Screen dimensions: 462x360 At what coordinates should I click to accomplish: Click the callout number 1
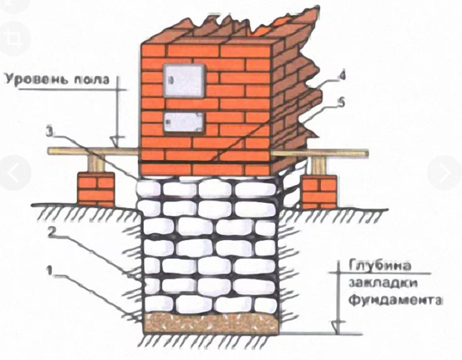(x=50, y=270)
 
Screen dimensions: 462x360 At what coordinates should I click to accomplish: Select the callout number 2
(x=51, y=233)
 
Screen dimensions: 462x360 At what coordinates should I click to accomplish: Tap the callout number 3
(x=50, y=132)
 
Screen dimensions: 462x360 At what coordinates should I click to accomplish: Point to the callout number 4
(x=341, y=76)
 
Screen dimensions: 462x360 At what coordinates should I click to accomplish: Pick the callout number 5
(x=341, y=103)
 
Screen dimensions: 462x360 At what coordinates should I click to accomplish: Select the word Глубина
(x=380, y=266)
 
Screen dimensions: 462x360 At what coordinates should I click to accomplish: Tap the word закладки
(x=383, y=283)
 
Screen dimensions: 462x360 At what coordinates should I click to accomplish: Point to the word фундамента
(x=395, y=301)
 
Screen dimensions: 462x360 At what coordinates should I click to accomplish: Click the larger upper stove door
(x=184, y=80)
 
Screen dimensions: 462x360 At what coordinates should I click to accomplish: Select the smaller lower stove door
(x=184, y=122)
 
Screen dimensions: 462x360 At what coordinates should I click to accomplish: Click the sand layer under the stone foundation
(x=210, y=323)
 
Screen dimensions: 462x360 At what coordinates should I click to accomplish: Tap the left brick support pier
(x=96, y=189)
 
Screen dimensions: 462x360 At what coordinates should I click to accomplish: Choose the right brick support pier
(x=319, y=191)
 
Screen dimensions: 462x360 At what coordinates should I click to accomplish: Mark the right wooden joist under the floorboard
(x=318, y=166)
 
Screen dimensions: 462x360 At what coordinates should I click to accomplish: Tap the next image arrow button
(x=445, y=173)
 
